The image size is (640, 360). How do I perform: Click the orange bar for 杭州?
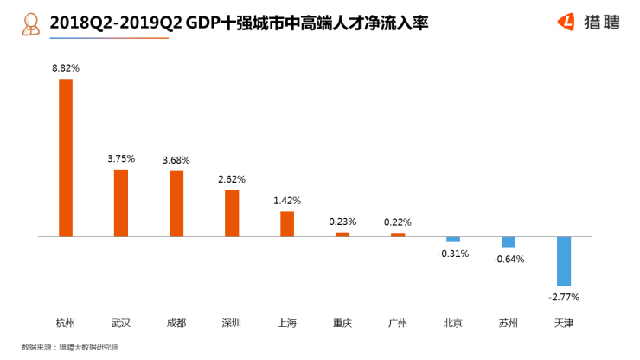pos(65,157)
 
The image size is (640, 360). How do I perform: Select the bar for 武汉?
pos(121,202)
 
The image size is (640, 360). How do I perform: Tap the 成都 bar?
pos(176,203)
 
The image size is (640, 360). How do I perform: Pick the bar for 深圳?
pos(232,213)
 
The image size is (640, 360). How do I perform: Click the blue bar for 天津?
pos(564,260)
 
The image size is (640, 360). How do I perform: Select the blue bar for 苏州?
pos(509,242)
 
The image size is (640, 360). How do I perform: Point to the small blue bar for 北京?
pos(453,239)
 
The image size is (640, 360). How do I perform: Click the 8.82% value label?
pos(65,67)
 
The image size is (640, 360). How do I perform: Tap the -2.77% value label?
pos(564,297)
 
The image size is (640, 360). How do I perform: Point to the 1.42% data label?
pos(287,200)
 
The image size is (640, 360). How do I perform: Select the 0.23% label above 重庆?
pos(342,222)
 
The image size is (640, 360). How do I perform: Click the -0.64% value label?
pos(509,259)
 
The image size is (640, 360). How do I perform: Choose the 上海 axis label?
pos(287,324)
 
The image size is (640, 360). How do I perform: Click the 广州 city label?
pos(398,324)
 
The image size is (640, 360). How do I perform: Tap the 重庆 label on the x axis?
pos(342,324)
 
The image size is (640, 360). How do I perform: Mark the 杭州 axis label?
pos(65,324)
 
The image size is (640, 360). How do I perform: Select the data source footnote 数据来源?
pos(70,347)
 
